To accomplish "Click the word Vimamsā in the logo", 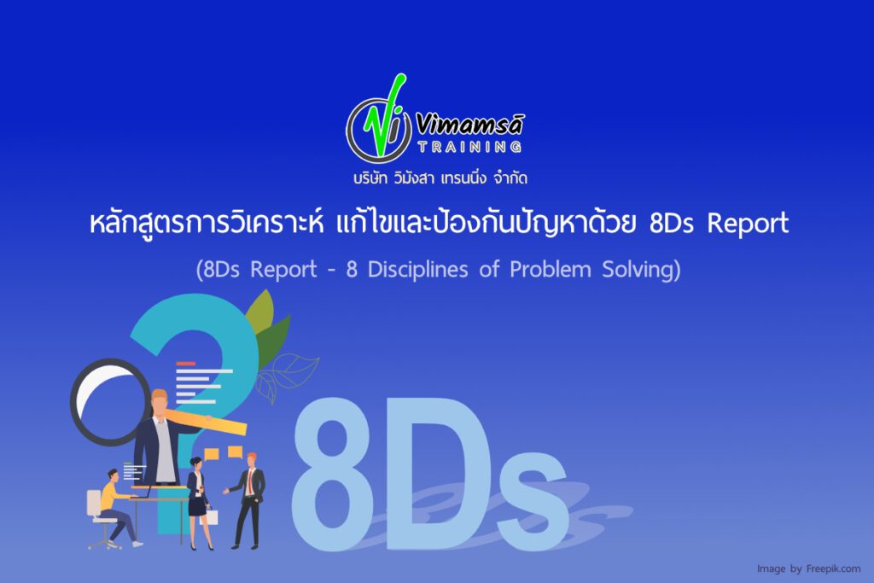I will coord(470,125).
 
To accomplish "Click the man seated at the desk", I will coord(116,504).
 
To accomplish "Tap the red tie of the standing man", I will coord(250,482).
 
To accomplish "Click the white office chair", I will coord(97,516).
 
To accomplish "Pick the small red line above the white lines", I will coord(185,364).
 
